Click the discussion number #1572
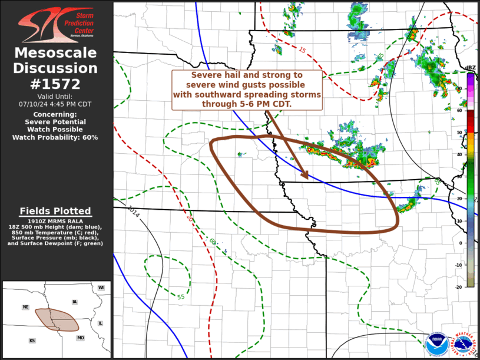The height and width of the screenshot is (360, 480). click(56, 84)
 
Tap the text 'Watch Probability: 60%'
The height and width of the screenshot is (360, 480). click(55, 137)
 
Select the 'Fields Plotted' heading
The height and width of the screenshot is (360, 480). click(55, 211)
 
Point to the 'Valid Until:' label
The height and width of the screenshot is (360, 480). click(55, 96)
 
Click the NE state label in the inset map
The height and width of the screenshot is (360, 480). click(25, 307)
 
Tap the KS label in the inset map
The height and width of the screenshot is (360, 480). click(32, 341)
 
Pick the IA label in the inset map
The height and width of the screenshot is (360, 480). click(74, 302)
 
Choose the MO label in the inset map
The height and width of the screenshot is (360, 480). click(80, 338)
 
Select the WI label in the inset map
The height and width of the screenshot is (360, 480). click(101, 288)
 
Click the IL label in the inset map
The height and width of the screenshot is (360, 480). click(100, 323)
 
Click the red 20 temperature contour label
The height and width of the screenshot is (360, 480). click(190, 218)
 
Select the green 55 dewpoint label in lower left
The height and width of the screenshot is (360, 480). click(181, 296)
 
